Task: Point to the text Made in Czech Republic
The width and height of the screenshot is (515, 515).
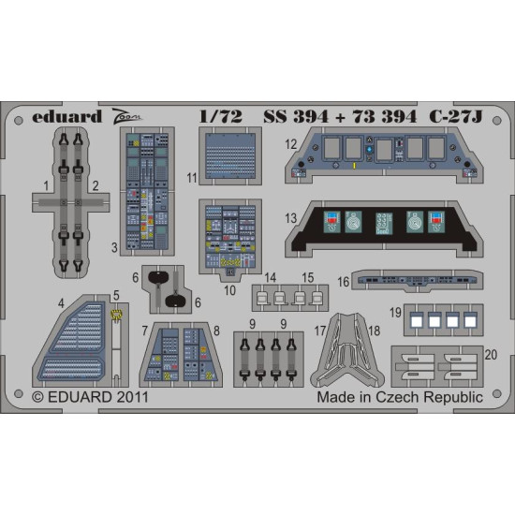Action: point(400,397)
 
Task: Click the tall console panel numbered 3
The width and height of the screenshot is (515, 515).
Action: point(146,192)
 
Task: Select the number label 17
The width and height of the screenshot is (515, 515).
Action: point(320,330)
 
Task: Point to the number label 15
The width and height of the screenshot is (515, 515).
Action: point(308,278)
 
